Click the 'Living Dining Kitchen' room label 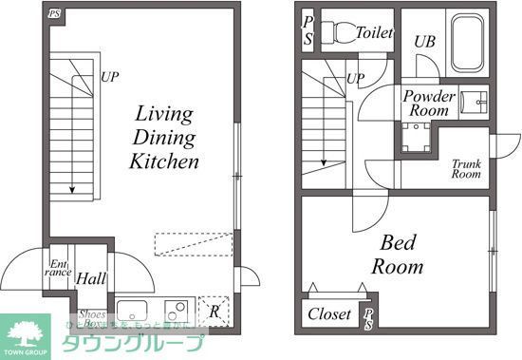[164, 138]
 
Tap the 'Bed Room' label [396, 254]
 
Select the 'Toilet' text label [374, 32]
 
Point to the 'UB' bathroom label [424, 42]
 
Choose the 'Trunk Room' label [465, 168]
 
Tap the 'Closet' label [329, 313]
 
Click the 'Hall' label [91, 279]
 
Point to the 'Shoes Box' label [92, 319]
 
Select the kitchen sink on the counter [131, 311]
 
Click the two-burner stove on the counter [177, 311]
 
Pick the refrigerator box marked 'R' [214, 311]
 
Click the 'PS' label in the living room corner [54, 14]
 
